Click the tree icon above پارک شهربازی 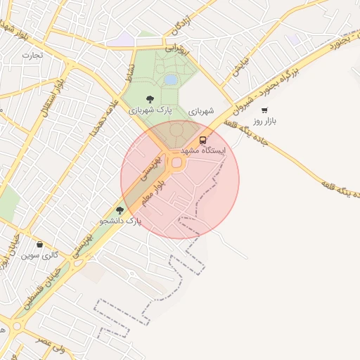coord(149,99)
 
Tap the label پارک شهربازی coord(149,110)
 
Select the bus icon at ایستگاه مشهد coord(203,140)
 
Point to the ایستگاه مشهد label coord(203,151)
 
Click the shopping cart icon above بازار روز coord(264,110)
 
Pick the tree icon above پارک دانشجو coord(120,210)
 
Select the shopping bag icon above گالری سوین coord(39,245)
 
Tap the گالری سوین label coord(40,255)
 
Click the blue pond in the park coord(171,80)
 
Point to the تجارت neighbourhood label coord(32,55)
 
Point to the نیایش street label coord(239,66)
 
